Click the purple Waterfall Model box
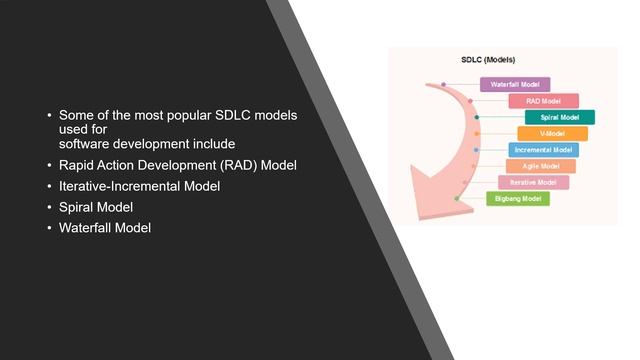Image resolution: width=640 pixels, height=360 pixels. (x=515, y=85)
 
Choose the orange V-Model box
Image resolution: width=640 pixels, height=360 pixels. (x=552, y=134)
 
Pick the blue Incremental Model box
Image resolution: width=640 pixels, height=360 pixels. (x=543, y=150)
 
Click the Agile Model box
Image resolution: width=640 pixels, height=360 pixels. (x=540, y=166)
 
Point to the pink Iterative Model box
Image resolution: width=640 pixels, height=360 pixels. (x=533, y=183)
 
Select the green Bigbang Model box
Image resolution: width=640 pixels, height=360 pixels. (x=517, y=199)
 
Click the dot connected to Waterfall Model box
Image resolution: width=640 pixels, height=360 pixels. (x=443, y=85)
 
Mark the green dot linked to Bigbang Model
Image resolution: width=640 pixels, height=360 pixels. (x=457, y=199)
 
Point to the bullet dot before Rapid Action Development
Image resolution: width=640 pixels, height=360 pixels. (x=49, y=165)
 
